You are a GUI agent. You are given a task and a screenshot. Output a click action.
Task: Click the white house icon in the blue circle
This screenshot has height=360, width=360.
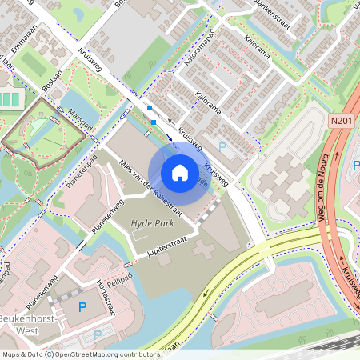[180, 172]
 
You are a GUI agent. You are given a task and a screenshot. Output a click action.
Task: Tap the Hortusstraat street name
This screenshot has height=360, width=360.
[102, 296]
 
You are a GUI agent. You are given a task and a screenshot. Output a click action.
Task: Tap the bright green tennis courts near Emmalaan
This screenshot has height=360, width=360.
[10, 101]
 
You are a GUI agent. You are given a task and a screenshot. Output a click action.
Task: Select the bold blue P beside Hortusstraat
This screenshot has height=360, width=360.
[82, 306]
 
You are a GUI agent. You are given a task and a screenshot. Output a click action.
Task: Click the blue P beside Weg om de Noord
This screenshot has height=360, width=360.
[354, 166]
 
